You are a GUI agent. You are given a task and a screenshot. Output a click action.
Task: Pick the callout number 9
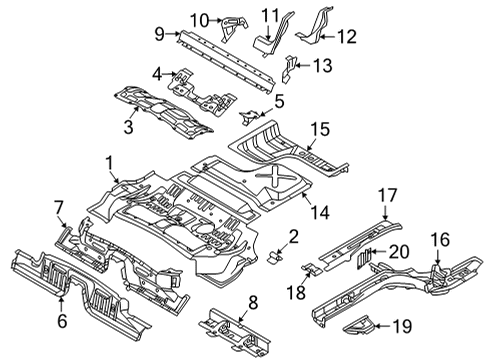(159, 34)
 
